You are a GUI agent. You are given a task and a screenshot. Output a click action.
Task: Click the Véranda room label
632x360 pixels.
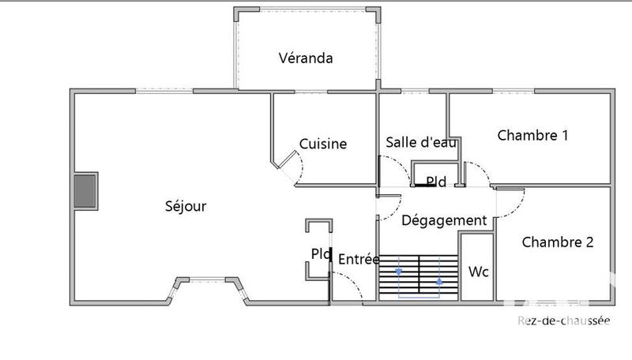point(305,58)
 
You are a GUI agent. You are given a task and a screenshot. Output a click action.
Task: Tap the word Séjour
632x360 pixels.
point(186,206)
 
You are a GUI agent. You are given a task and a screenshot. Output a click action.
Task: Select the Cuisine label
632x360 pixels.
point(322,144)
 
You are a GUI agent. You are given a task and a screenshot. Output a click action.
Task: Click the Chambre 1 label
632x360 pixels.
point(532,135)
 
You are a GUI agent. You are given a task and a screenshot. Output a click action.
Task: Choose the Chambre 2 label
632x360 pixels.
point(557,242)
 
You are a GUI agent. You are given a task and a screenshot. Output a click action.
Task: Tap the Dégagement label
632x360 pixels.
point(443,221)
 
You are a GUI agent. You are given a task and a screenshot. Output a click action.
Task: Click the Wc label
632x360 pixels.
point(479,272)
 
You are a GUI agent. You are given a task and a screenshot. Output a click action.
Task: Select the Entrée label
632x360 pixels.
point(359,259)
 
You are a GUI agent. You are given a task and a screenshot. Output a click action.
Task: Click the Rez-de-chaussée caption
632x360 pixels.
point(564,320)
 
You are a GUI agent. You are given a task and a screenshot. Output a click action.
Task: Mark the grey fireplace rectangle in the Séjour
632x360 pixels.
point(85,192)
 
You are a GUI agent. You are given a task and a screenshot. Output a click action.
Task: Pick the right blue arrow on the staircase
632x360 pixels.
point(439,278)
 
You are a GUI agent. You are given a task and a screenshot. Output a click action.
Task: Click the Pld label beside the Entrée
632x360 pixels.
point(321,255)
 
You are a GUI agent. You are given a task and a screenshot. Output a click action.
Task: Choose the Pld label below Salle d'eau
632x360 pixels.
point(435,182)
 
